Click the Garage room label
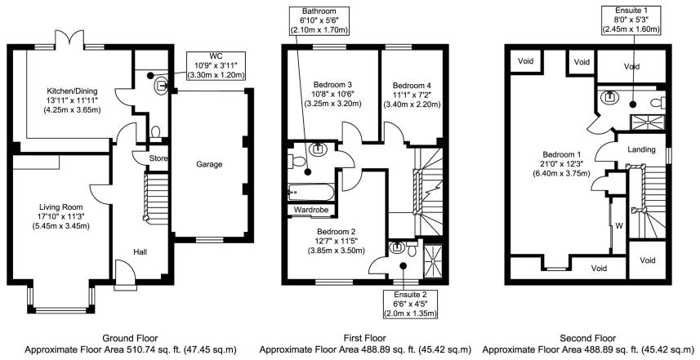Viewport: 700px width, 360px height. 209,164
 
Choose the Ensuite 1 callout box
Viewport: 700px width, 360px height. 633,20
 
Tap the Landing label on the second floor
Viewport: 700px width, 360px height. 642,149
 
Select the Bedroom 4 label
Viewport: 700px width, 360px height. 411,86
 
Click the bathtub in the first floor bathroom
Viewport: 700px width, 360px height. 310,192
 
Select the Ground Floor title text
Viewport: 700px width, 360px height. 131,337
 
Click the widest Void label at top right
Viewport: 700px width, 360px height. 631,67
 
